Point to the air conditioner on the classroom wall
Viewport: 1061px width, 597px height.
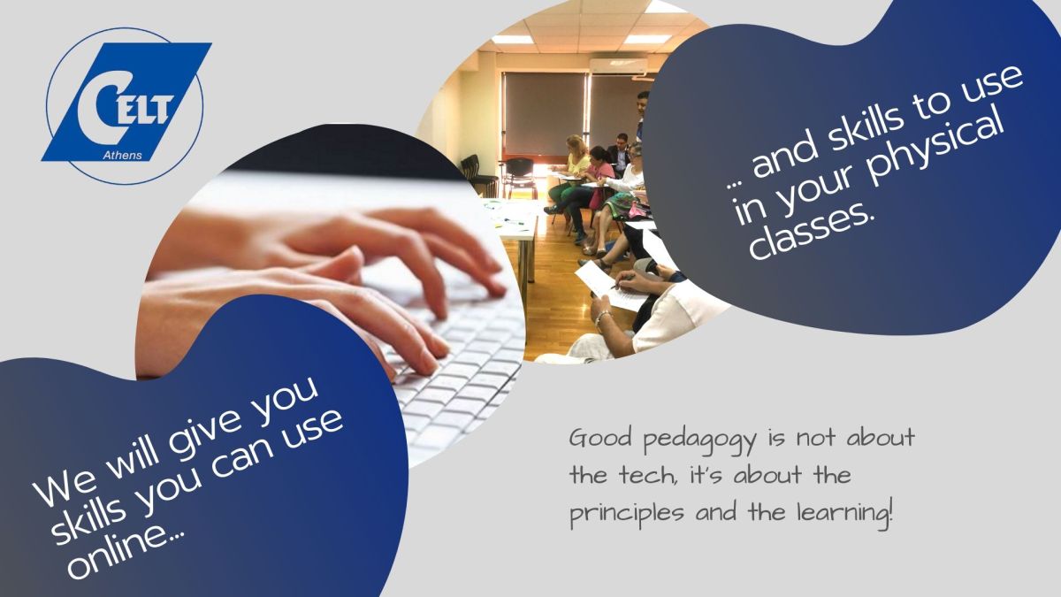618,65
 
